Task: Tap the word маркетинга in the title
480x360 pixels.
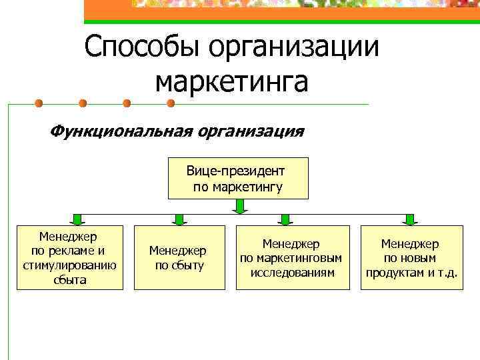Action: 231,82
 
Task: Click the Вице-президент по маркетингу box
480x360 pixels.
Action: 237,179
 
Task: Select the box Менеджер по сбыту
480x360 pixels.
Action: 177,257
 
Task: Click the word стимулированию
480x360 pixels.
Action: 69,265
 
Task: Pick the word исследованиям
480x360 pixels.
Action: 293,272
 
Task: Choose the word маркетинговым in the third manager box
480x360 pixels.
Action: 293,258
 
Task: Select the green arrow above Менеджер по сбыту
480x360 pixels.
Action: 178,219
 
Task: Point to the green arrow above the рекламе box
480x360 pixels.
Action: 77,219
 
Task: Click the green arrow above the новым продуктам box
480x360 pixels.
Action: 409,219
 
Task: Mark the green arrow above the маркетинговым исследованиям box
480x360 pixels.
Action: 285,219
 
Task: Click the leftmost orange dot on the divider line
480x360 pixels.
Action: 39,103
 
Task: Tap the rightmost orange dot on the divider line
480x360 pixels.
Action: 170,103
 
